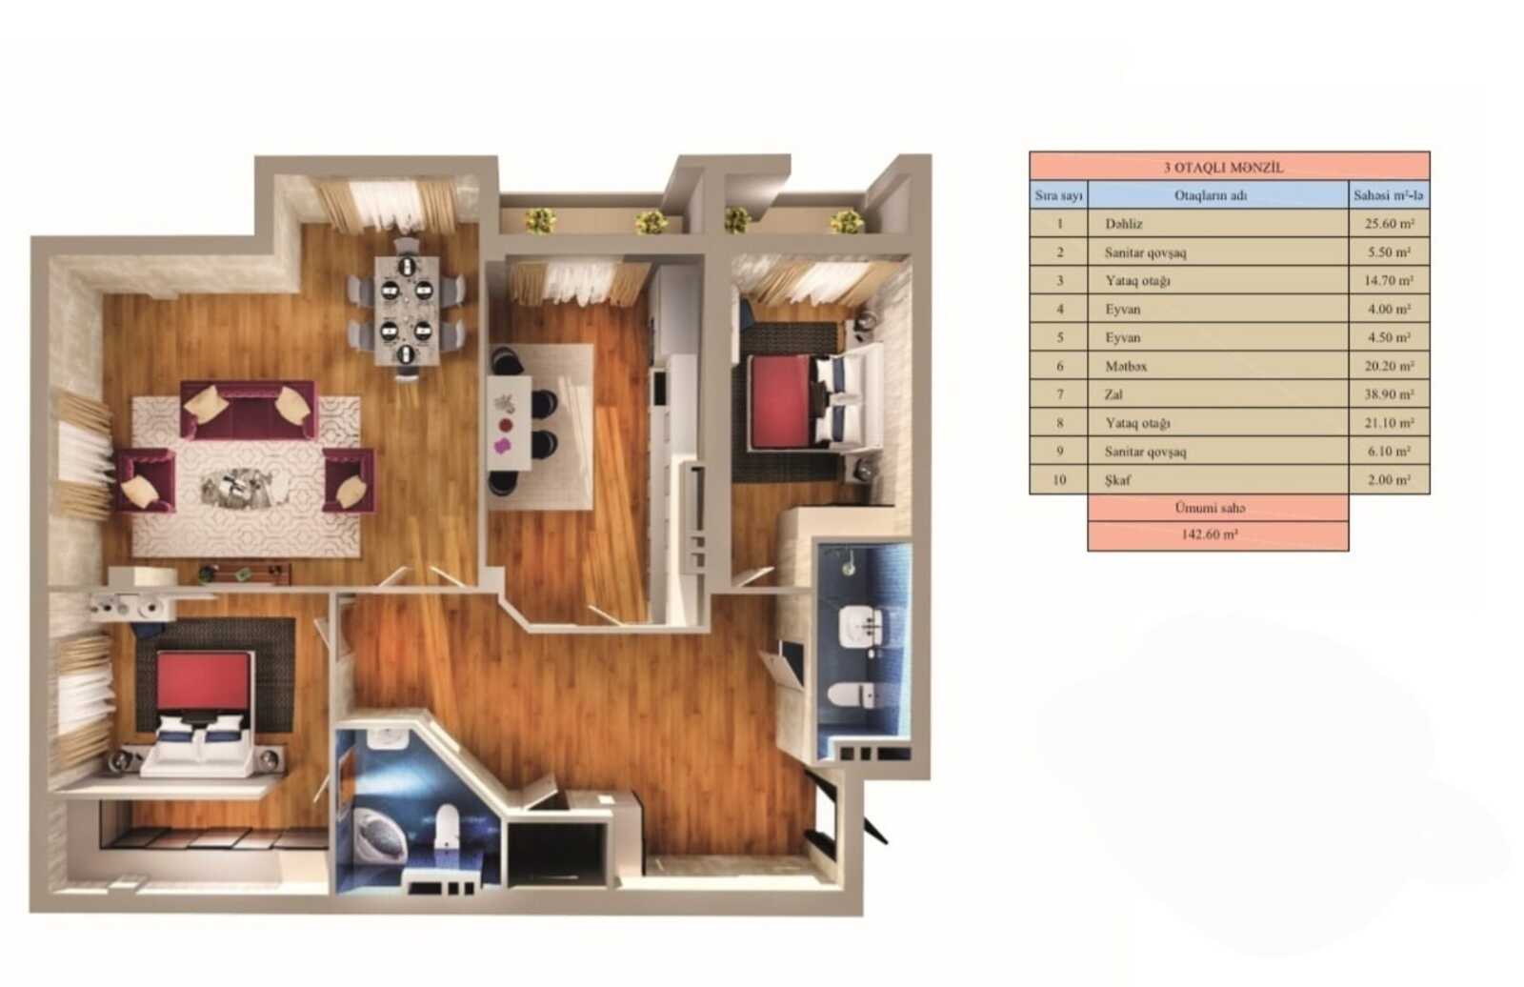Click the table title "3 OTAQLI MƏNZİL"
1223,168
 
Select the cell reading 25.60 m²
1390,223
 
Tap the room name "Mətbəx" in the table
1126,366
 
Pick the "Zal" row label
1113,394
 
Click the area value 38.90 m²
1390,394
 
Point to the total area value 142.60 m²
1209,535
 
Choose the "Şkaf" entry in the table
1118,480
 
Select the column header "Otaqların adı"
1211,195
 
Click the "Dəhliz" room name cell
1123,223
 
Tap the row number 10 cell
1059,480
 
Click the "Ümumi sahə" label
1210,508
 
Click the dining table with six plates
407,311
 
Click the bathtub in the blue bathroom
380,834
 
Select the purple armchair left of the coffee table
147,480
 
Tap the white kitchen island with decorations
509,423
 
